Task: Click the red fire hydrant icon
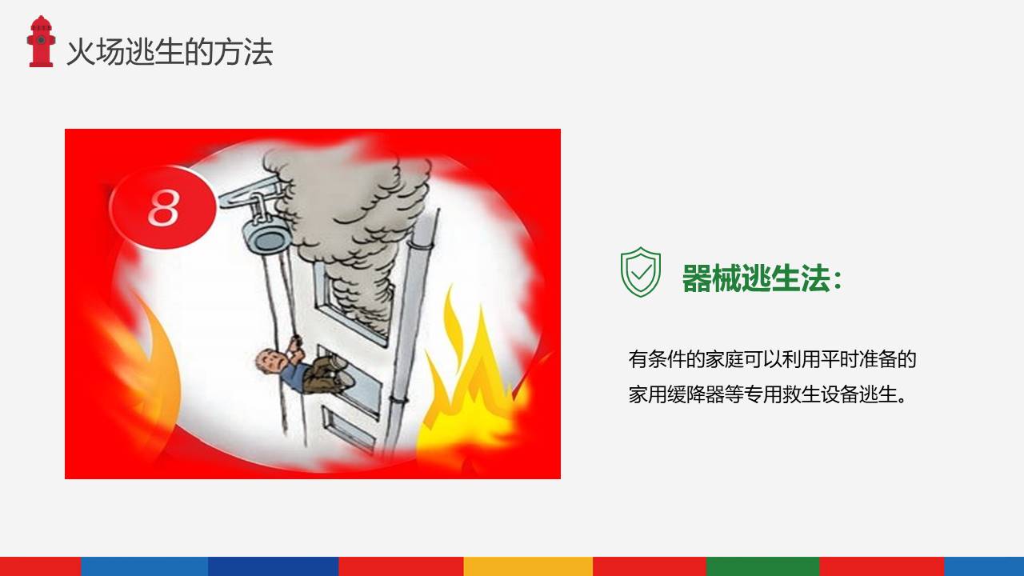pos(41,42)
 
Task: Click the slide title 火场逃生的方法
pos(169,52)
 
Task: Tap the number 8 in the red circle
pos(163,208)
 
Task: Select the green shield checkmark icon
pos(641,272)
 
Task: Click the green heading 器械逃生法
pos(761,278)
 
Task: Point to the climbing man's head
pos(269,362)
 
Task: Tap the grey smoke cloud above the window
pos(352,208)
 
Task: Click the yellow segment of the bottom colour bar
pos(528,566)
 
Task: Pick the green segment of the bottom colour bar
pos(762,566)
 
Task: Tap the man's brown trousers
pos(325,370)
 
